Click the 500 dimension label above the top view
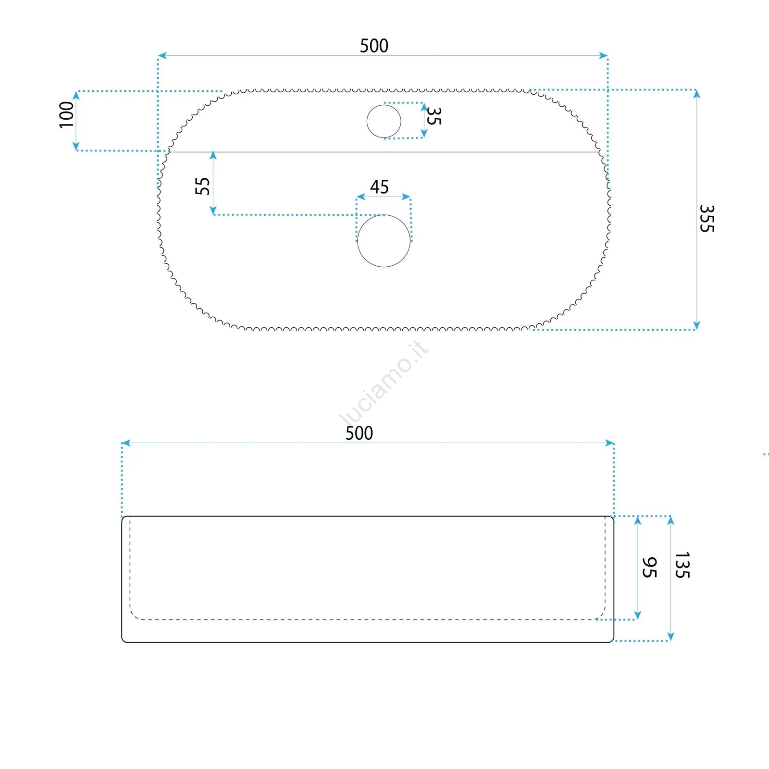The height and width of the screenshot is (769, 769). click(x=374, y=46)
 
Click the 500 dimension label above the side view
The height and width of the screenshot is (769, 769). click(x=359, y=433)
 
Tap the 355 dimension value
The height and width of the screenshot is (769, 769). click(x=707, y=219)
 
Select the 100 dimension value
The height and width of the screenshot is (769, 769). click(x=66, y=115)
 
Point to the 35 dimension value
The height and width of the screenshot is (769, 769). click(x=434, y=116)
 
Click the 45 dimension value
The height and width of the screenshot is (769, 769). click(x=379, y=187)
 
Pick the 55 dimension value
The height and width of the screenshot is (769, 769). click(x=202, y=186)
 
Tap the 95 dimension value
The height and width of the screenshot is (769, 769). click(x=649, y=568)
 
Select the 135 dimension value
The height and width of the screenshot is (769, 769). click(x=682, y=565)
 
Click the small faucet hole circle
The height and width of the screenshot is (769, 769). click(x=384, y=121)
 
